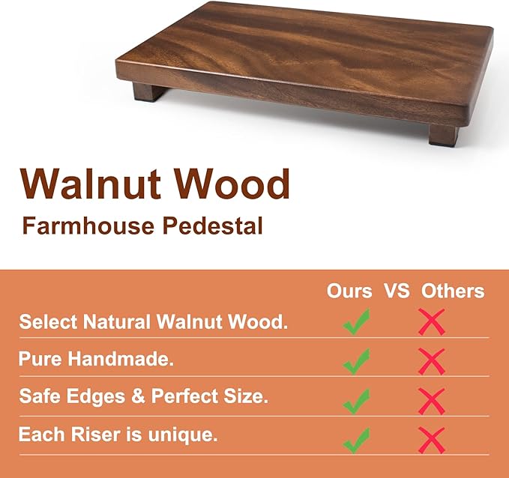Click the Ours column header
(349, 291)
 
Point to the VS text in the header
(397, 291)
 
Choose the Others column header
(453, 291)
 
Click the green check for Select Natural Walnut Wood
(358, 324)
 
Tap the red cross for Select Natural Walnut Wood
(431, 322)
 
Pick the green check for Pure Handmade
(358, 361)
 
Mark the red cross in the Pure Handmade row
(431, 362)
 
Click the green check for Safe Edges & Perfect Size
(358, 400)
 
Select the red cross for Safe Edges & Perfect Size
(431, 400)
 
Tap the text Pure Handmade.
(97, 359)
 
